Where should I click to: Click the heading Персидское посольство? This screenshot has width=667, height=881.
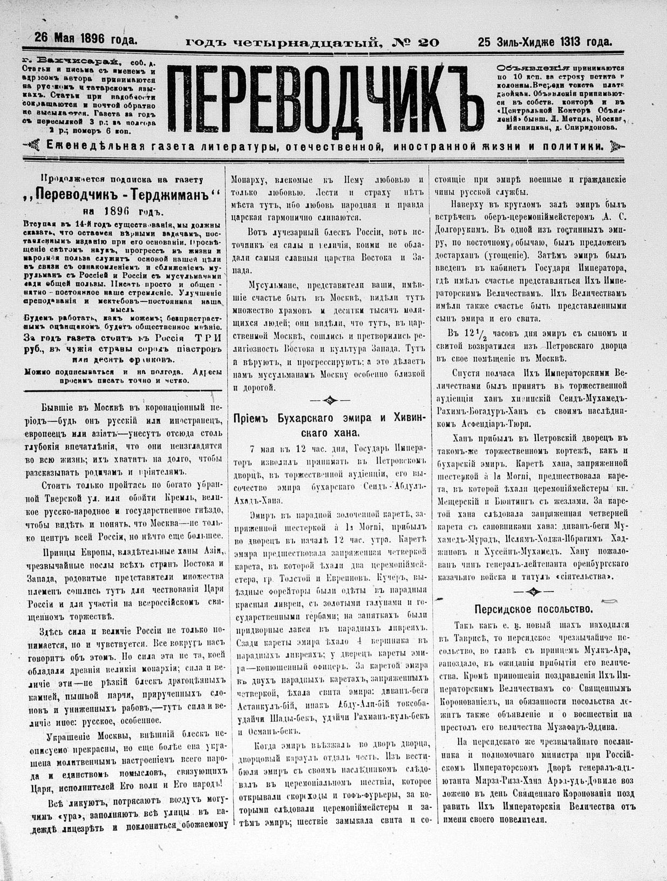533,609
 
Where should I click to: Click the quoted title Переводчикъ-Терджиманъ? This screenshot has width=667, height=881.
124,194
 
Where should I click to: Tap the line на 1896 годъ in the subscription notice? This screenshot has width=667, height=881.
122,211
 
